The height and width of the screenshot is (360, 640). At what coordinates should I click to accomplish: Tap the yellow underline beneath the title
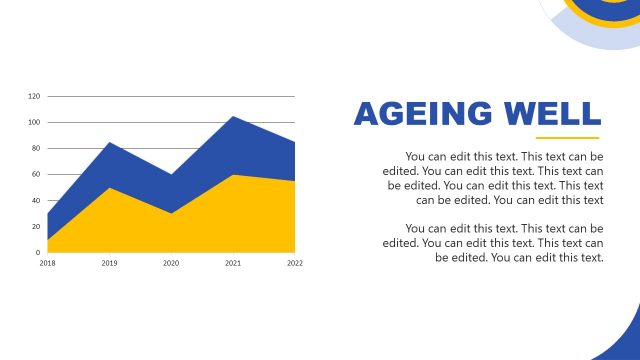(x=567, y=138)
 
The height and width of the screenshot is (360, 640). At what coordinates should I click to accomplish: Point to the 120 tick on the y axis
(x=34, y=96)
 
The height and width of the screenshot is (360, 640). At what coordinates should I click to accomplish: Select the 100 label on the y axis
(x=34, y=122)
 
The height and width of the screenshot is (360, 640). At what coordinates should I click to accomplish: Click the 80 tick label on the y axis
(x=36, y=148)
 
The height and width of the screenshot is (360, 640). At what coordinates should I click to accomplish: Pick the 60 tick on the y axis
(x=36, y=174)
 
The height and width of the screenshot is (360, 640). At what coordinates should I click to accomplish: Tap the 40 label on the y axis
(x=36, y=200)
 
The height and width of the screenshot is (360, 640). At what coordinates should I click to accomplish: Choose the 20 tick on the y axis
(x=36, y=226)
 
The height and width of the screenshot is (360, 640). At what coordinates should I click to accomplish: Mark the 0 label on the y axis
(x=38, y=252)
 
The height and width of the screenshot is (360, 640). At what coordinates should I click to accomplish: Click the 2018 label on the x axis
(x=47, y=263)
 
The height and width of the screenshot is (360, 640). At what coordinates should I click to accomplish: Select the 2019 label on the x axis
(x=109, y=263)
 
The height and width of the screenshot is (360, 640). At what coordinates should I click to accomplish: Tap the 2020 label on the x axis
(x=171, y=263)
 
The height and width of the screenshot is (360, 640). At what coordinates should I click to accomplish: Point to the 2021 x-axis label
(x=233, y=263)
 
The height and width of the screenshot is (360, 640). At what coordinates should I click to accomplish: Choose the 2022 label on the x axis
(x=294, y=263)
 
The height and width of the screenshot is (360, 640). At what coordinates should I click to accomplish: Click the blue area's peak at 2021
(x=233, y=118)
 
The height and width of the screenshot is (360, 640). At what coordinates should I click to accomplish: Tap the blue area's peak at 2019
(x=109, y=144)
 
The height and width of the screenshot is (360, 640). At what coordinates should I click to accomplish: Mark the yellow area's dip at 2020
(x=171, y=214)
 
